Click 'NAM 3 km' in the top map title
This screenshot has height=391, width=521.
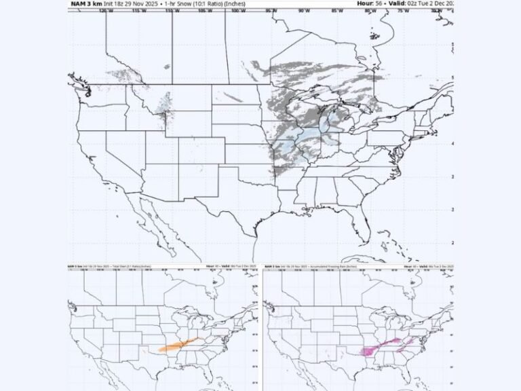tap(83, 4)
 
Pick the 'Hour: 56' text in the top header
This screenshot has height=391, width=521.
tap(372, 4)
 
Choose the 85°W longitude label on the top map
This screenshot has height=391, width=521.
tap(336, 11)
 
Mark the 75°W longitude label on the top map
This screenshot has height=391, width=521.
tap(402, 11)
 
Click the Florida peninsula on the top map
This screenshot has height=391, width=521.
tap(367, 227)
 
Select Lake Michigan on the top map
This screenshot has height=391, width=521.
tap(319, 122)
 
